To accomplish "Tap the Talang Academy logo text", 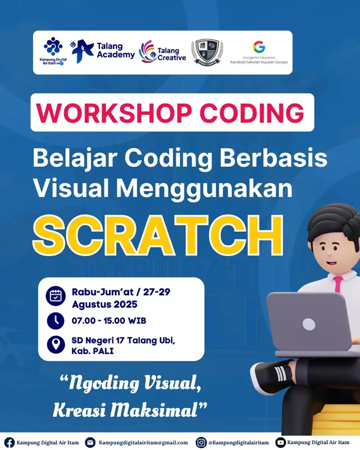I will (x=115, y=50).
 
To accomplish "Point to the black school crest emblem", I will (x=207, y=51).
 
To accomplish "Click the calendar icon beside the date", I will (x=56, y=296).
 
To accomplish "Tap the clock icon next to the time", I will (x=56, y=321).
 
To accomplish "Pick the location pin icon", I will (x=56, y=344).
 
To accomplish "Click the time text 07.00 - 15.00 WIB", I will (x=109, y=321).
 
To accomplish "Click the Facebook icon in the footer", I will (x=10, y=442).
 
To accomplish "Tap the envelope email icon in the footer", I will (x=90, y=442).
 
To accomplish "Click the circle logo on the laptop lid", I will (x=308, y=324).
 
